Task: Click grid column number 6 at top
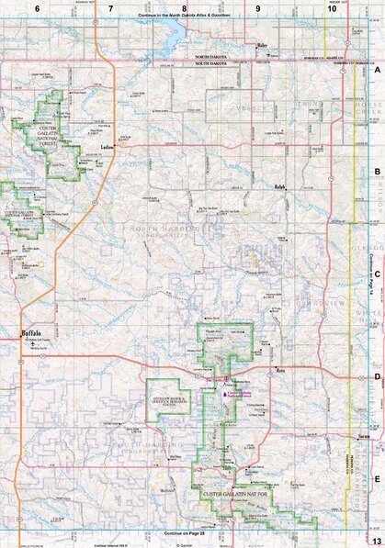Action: coord(38,7)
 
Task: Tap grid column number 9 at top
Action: coord(257,7)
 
